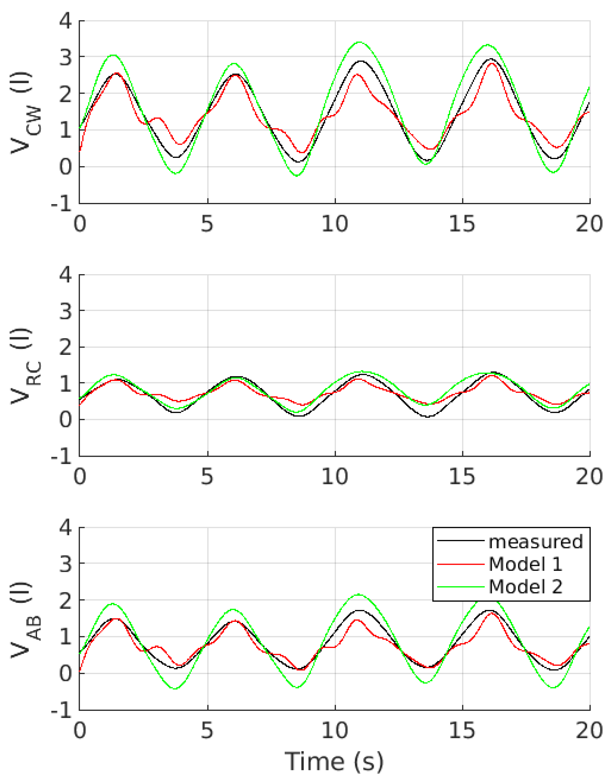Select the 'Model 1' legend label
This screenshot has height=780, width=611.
pyautogui.click(x=525, y=564)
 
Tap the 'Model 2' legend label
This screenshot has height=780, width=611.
pyautogui.click(x=525, y=587)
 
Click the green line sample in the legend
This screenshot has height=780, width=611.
pyautogui.click(x=461, y=587)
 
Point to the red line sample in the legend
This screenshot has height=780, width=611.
pyautogui.click(x=461, y=564)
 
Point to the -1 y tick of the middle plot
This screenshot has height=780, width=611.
pyautogui.click(x=61, y=457)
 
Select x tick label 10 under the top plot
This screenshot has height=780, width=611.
pyautogui.click(x=334, y=224)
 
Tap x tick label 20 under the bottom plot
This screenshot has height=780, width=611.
pyautogui.click(x=589, y=730)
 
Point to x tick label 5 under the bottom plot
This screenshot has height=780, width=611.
pyautogui.click(x=207, y=730)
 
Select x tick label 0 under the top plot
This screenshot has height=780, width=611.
pyautogui.click(x=80, y=224)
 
